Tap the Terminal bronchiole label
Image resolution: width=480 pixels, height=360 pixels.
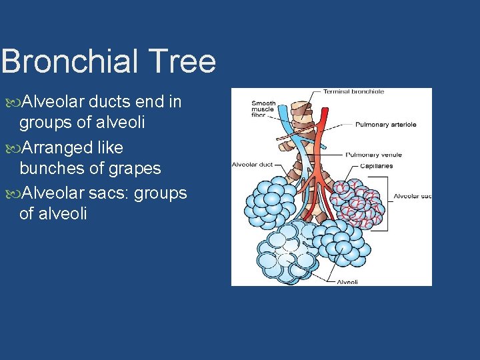click(353, 92)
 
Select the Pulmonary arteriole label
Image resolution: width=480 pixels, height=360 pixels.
click(385, 124)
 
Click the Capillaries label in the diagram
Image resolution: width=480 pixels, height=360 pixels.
click(376, 165)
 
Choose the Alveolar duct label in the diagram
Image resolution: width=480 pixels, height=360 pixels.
click(252, 164)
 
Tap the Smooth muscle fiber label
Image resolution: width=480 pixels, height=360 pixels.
click(263, 109)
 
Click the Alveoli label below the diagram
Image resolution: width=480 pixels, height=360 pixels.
click(347, 282)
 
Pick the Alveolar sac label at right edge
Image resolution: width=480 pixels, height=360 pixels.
click(412, 196)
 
